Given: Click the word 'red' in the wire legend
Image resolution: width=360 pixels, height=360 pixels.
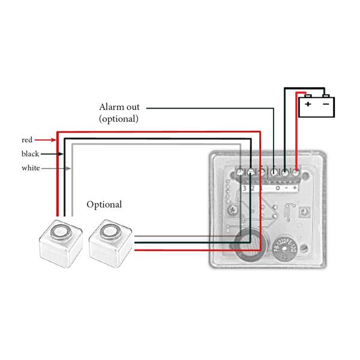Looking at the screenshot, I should click(x=26, y=139).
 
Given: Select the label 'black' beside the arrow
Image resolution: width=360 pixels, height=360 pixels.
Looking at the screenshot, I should click(x=29, y=154).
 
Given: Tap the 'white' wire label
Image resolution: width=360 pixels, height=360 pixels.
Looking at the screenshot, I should click(x=31, y=168).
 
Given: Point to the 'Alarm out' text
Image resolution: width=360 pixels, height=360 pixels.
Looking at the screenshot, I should click(x=119, y=107).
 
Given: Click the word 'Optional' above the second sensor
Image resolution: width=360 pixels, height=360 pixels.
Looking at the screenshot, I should click(x=104, y=205).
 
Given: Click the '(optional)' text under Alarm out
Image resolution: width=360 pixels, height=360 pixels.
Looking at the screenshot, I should click(x=119, y=119).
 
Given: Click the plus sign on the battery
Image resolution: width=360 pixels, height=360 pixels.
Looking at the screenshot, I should click(x=308, y=104).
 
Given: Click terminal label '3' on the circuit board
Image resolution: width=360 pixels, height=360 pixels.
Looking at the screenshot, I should click(x=244, y=188).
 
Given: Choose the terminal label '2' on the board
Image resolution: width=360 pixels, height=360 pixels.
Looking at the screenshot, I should click(x=252, y=188).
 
